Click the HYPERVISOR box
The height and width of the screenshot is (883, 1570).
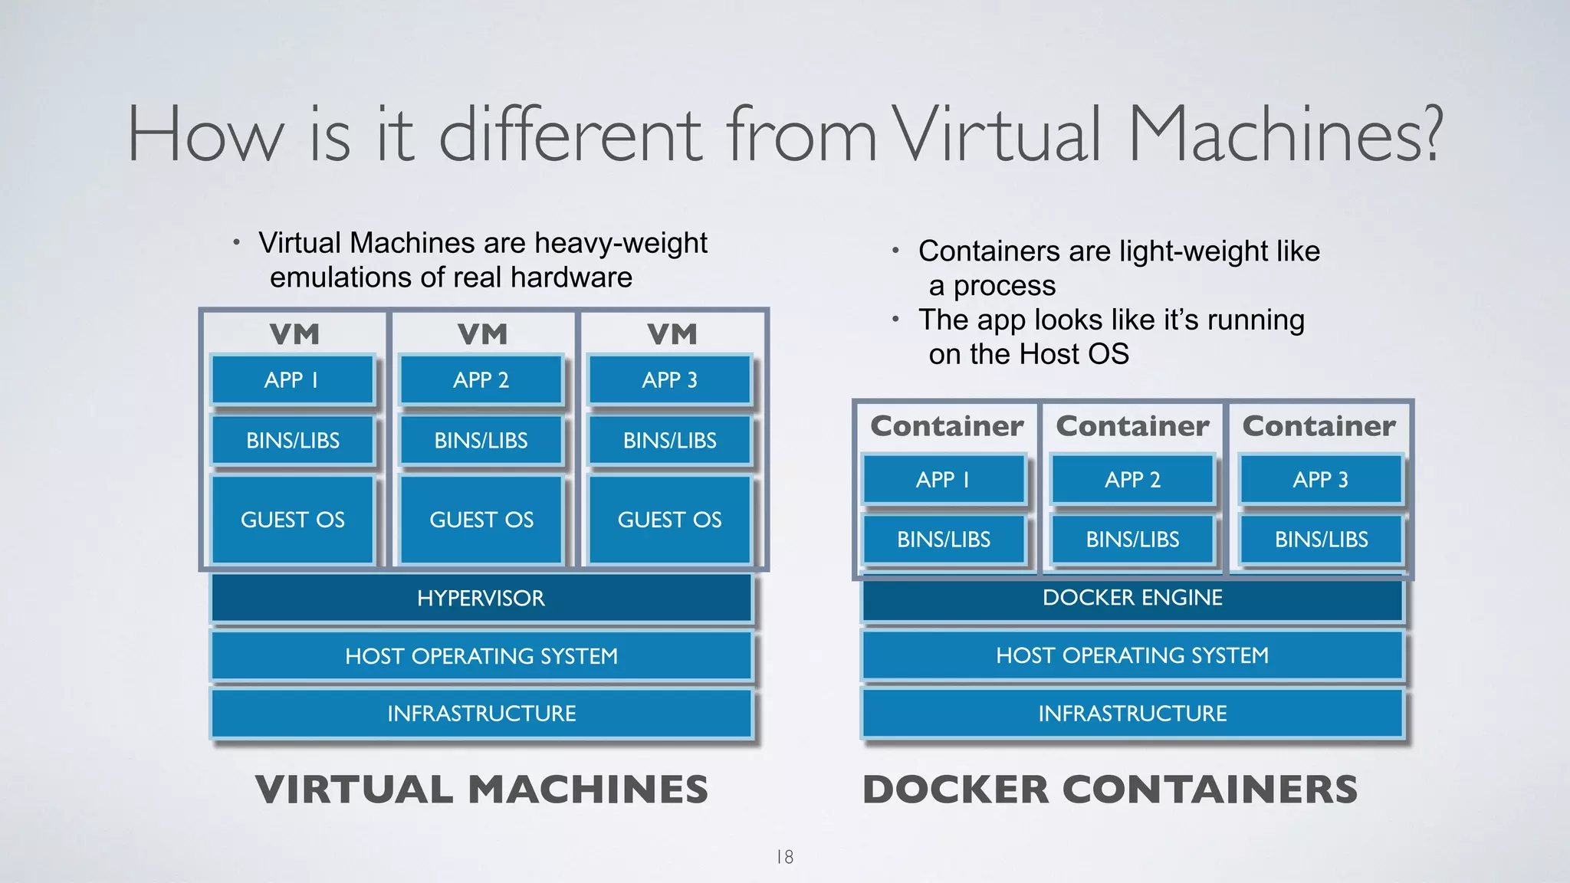[481, 598]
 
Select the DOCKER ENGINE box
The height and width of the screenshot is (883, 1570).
[1132, 598]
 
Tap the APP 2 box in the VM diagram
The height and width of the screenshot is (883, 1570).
[481, 379]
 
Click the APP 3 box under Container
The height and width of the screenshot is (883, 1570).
[1320, 480]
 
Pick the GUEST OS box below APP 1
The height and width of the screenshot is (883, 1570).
[292, 520]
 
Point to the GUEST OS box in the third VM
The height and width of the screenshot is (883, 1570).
[669, 520]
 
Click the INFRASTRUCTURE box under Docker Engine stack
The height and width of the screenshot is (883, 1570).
[1132, 714]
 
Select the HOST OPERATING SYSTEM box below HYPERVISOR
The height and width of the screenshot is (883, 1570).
[481, 656]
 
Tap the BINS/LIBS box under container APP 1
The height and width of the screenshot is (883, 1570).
[944, 540]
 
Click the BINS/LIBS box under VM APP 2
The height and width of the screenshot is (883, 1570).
[481, 441]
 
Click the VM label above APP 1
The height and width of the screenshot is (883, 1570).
[294, 334]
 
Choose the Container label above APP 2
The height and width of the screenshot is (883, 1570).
[1132, 426]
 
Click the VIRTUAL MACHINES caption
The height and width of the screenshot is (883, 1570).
[481, 789]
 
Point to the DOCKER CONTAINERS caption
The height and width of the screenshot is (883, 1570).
[1109, 789]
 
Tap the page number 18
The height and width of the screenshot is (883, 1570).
[785, 857]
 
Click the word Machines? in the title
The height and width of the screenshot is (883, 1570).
[1286, 135]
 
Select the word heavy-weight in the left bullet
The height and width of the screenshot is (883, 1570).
[620, 243]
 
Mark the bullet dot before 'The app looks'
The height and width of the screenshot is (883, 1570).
[895, 319]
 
